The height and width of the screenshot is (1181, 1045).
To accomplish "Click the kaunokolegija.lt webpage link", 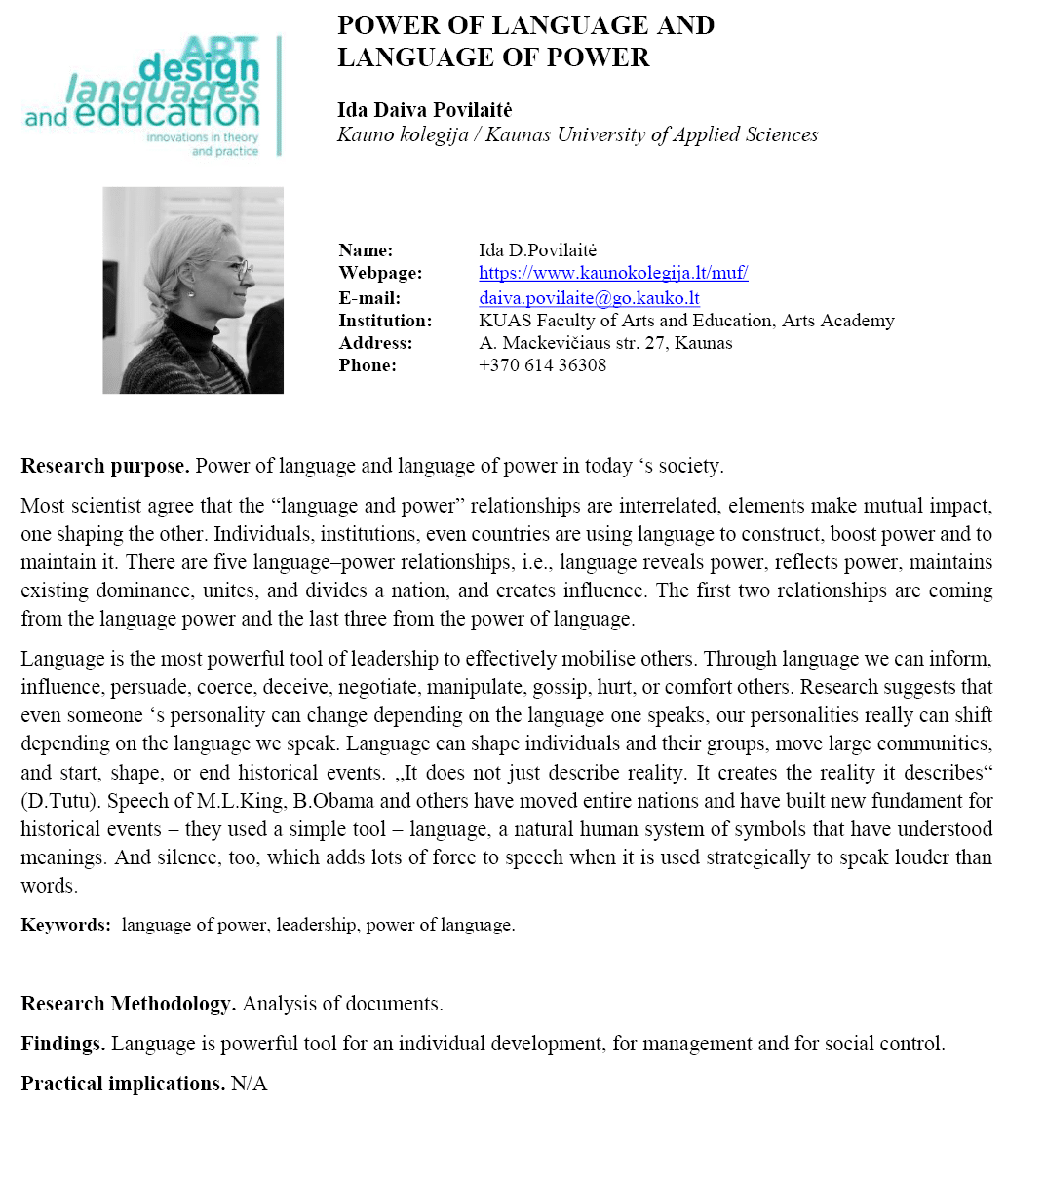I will point(613,273).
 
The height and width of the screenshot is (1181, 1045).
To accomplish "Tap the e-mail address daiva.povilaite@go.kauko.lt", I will point(589,298).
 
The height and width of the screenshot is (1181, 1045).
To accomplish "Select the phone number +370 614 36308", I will point(542,365).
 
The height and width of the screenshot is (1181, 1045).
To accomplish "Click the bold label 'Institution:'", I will point(385,321).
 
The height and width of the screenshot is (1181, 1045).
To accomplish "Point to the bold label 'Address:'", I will point(375,343).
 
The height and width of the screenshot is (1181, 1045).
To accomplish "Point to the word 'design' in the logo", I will point(200,68).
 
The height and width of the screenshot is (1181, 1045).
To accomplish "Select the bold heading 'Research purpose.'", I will point(105,466).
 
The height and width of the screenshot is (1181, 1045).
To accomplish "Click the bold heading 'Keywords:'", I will point(66,925).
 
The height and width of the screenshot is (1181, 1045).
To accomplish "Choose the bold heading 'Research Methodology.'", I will point(129,1004).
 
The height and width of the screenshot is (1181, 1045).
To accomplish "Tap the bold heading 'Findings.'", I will point(63,1044).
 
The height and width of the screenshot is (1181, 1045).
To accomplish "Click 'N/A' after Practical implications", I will point(249,1084).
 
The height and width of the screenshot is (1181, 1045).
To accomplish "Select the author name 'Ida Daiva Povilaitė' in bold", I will point(424,110).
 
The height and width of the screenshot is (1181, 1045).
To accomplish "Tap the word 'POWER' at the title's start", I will point(388,25).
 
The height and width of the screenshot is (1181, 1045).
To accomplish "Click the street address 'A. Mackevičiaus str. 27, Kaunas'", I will point(605,343).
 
